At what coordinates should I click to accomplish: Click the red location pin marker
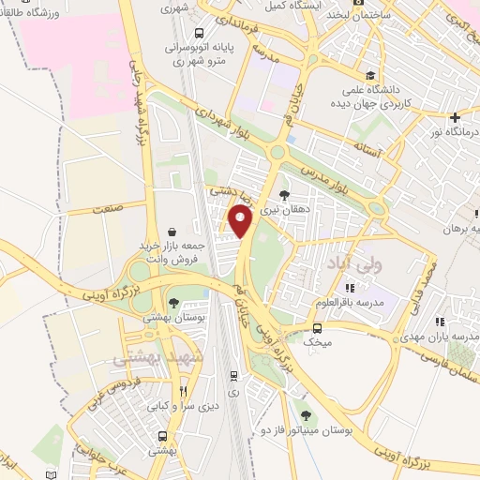[x=241, y=221]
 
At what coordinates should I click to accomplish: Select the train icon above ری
[x=233, y=375]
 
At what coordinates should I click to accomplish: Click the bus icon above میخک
[x=318, y=328]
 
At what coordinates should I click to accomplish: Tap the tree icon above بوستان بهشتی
[x=173, y=301]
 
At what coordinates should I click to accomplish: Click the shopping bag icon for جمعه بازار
[x=172, y=232]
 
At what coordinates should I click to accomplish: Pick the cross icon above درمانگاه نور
[x=454, y=118]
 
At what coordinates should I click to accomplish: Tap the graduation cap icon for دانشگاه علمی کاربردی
[x=371, y=76]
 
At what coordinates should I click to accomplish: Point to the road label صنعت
[x=107, y=212]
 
